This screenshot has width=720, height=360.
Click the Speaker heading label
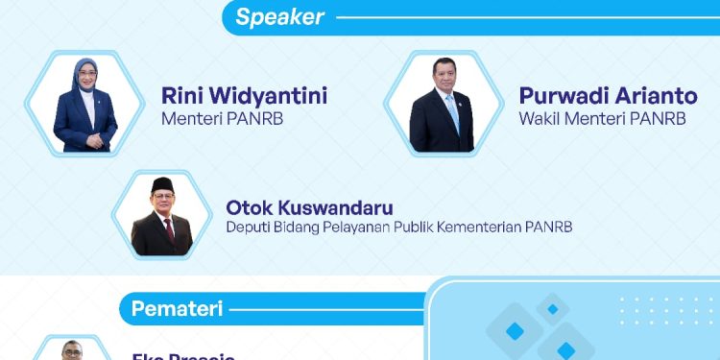coord(280,16)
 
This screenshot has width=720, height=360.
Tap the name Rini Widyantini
coord(245,96)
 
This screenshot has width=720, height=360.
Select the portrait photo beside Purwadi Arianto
coord(442,106)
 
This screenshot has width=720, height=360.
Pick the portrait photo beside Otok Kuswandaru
coord(161,216)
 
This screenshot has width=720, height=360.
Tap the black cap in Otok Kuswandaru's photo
coord(162,185)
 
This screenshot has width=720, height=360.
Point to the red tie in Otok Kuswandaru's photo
coord(169,229)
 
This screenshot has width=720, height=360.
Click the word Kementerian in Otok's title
coord(501,228)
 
